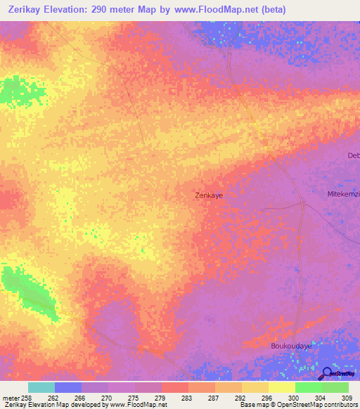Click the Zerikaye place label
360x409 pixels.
tap(209, 196)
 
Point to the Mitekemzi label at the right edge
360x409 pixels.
tap(344, 193)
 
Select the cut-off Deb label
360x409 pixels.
tap(353, 155)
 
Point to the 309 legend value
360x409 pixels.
tap(347, 398)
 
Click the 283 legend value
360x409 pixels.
tap(186, 398)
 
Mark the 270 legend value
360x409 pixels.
tap(105, 398)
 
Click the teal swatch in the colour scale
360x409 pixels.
tap(41, 387)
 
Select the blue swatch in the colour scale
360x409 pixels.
tap(68, 387)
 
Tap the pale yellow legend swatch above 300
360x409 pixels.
tap(281, 387)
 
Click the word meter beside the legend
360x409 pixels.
tap(10, 398)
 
